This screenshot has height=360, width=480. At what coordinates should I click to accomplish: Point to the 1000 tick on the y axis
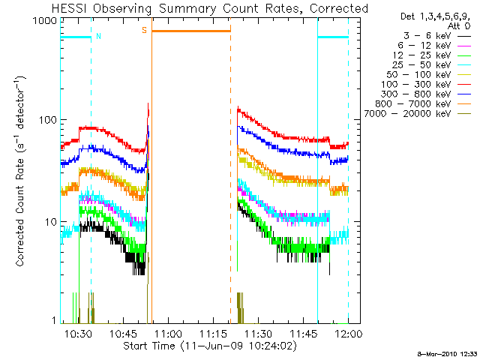[45, 21]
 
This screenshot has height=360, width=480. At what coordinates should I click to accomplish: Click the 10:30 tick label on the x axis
[78, 332]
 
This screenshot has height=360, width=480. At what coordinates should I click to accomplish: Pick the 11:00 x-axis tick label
[168, 332]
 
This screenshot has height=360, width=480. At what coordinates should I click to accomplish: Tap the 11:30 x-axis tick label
[258, 332]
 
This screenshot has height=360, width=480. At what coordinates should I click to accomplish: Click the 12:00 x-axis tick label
[348, 332]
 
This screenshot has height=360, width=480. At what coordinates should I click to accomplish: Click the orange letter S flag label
[144, 31]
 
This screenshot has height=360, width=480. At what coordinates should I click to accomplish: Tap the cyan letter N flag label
[98, 35]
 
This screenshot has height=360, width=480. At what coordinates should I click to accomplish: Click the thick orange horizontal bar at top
[191, 31]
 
